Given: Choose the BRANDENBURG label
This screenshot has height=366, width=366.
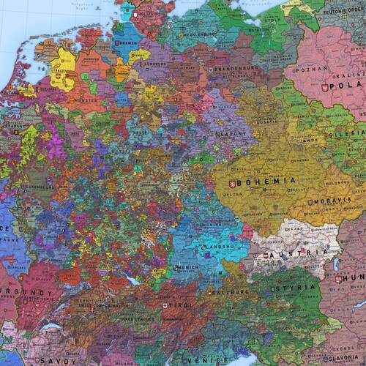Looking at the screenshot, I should click(239, 68).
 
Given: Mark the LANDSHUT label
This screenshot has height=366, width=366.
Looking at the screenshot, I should click(219, 246).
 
